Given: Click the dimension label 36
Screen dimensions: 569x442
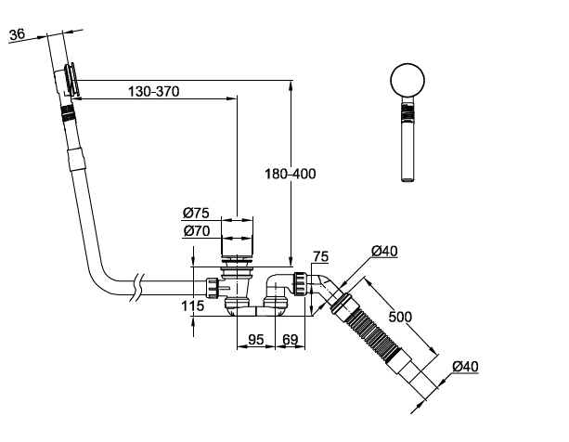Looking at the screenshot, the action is tap(18, 34).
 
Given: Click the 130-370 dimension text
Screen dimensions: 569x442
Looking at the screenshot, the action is tap(153, 91).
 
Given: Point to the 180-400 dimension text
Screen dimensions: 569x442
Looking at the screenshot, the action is tap(291, 174).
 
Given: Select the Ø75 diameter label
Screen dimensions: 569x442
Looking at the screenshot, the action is tap(197, 213).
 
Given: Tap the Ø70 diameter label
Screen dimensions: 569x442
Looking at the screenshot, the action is tap(197, 231).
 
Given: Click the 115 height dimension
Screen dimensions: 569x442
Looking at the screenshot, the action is tap(193, 306).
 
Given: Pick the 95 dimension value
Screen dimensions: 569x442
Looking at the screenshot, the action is tap(256, 340).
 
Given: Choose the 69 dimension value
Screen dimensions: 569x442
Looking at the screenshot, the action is tap(290, 340).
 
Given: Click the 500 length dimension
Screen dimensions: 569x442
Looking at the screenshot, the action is tap(400, 317).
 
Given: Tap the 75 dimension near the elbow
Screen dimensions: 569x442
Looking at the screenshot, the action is tap(321, 256).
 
